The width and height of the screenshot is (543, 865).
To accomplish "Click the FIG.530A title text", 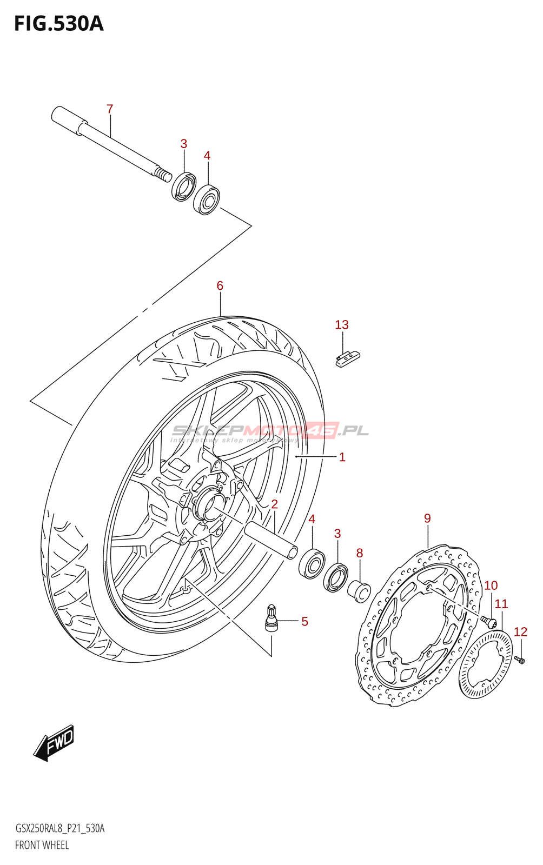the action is [59, 24].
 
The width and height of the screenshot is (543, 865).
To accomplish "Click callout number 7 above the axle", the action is [110, 109].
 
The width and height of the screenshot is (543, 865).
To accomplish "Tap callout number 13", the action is [342, 325].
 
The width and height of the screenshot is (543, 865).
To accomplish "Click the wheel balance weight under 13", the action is [347, 359].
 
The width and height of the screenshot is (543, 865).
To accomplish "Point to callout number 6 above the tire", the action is [220, 286].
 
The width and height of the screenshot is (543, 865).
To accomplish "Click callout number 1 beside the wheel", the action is [342, 457].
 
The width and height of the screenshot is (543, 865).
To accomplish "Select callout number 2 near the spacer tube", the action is [274, 504].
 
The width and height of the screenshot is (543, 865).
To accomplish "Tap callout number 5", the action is [304, 621].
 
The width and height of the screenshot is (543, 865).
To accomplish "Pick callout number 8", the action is [360, 553].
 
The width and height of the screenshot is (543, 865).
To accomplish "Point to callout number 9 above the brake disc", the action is [427, 518].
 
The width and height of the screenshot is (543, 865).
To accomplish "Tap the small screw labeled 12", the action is [519, 660].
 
